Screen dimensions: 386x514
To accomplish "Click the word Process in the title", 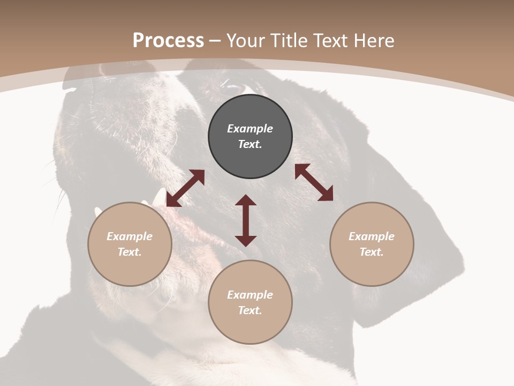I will click(168, 40).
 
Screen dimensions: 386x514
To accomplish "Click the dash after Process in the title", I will click(215, 41).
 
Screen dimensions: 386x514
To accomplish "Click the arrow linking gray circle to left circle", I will click(185, 188).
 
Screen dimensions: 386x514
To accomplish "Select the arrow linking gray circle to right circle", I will click(314, 182).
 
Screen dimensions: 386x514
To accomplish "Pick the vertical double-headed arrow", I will click(246, 220).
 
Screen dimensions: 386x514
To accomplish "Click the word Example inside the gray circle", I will click(250, 129).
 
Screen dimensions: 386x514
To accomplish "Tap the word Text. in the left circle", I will click(130, 252).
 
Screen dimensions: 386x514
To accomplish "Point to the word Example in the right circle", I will click(372, 236).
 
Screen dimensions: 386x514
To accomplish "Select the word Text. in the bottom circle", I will click(250, 310).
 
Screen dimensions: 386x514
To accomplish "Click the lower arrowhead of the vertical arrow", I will click(246, 240).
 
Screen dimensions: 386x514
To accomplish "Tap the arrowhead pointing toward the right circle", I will click(326, 194).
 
